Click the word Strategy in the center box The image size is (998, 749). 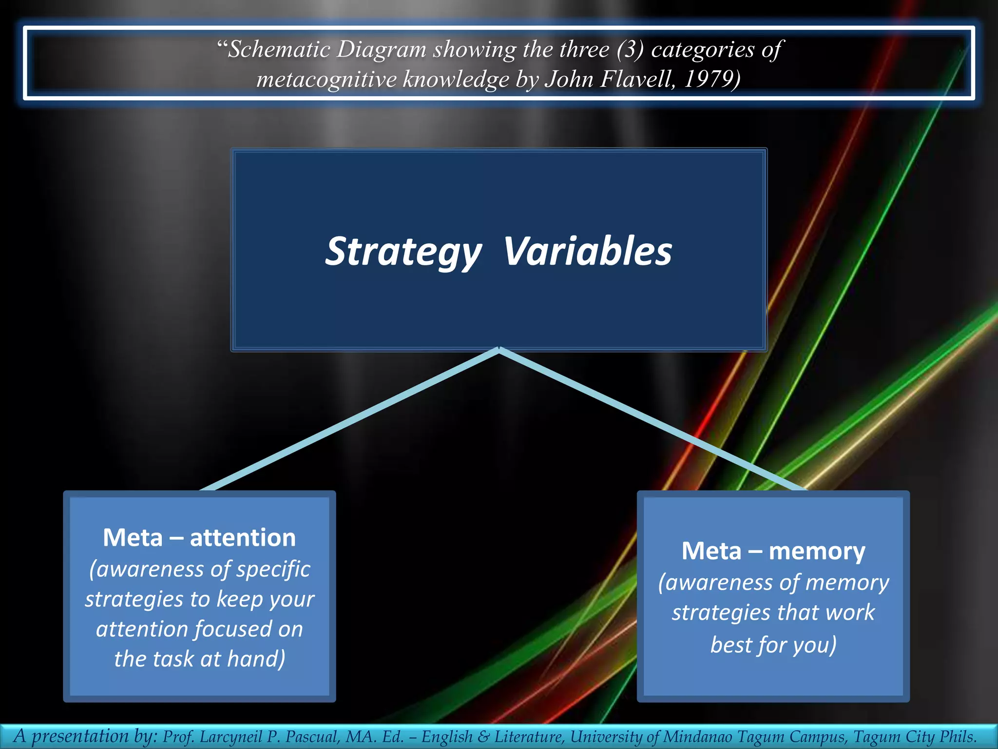point(403,252)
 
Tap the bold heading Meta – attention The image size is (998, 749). point(199,538)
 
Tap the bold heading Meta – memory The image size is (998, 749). point(773,551)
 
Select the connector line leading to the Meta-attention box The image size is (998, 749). point(348,420)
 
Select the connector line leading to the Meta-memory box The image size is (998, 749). point(653,420)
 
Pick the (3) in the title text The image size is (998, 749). point(630,50)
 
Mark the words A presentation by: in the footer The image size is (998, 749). point(85,736)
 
